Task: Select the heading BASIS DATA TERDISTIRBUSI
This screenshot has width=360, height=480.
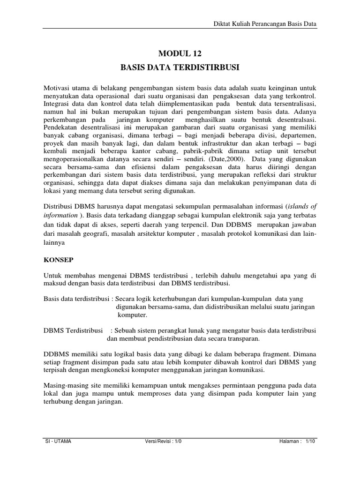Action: tap(180, 68)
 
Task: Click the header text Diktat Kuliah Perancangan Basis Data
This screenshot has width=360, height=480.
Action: tap(266, 22)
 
